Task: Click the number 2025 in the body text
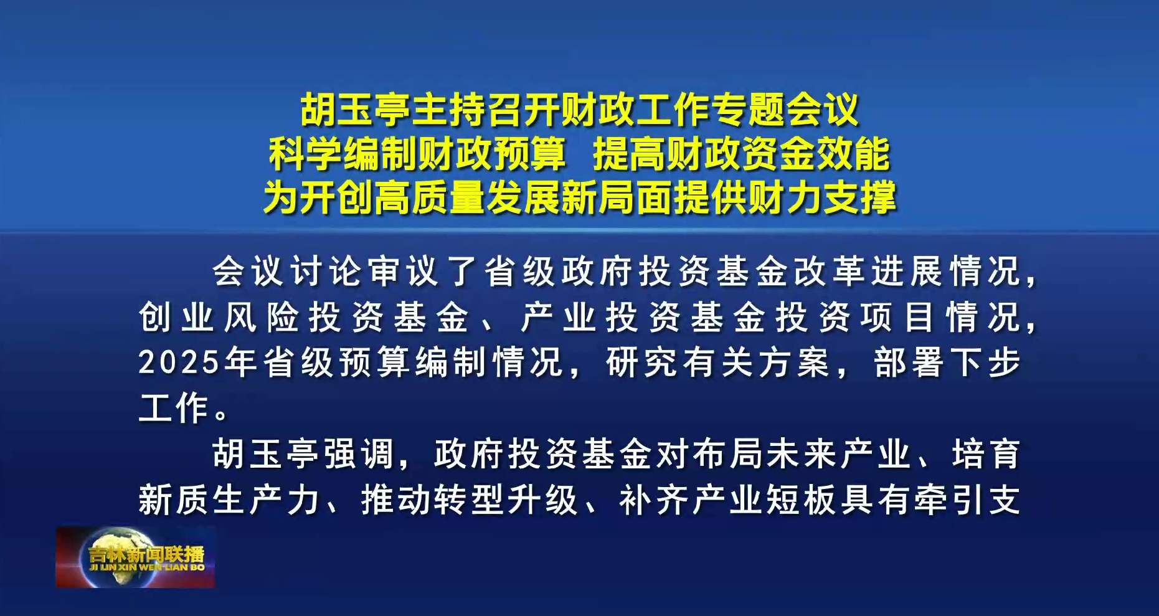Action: (179, 362)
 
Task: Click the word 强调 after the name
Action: (359, 453)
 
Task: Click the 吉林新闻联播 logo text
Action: (146, 554)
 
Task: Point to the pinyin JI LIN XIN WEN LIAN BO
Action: (147, 567)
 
